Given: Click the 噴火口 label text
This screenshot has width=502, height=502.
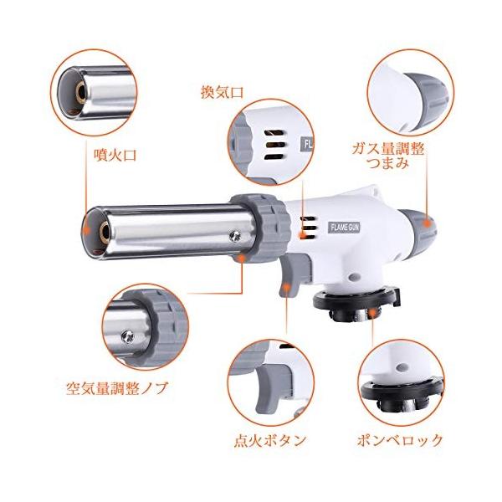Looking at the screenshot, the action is pos(115,156).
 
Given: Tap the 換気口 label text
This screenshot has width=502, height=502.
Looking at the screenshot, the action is pos(223,92).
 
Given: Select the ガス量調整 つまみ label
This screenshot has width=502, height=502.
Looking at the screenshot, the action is pos(388,156).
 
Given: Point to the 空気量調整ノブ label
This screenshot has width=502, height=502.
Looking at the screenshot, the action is pos(117,388).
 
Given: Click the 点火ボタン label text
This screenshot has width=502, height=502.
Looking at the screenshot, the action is pos(270,441).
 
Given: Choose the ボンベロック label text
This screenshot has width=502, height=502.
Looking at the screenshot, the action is pos(400,441).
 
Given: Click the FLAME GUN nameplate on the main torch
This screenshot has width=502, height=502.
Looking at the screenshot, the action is pos(344,228).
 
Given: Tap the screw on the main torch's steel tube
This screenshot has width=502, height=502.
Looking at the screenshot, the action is pos(234,236).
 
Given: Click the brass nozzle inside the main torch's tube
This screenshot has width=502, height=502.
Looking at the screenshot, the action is pos(105,230).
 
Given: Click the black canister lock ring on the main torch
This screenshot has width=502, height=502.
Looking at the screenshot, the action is pos(356,304).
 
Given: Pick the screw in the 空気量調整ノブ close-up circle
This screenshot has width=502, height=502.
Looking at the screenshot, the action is pos(127,336).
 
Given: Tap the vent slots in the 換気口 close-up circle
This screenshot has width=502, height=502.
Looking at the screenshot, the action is pos(274,145).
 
